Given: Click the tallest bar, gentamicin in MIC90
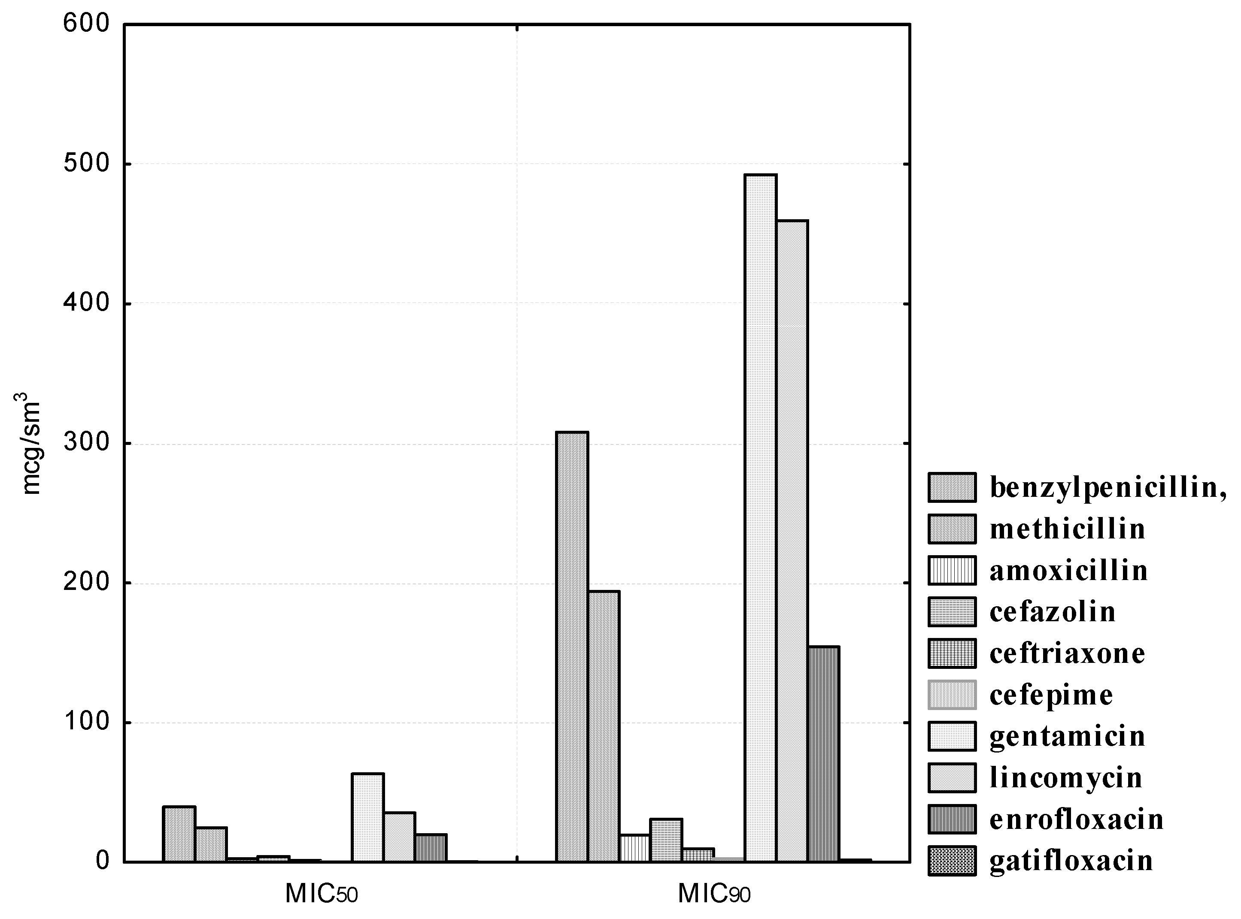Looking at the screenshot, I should pyautogui.click(x=761, y=517).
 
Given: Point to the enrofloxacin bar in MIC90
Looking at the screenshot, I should pyautogui.click(x=824, y=754).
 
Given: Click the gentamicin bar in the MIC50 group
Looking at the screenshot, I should pyautogui.click(x=367, y=817).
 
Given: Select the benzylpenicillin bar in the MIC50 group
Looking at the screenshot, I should pyautogui.click(x=179, y=834).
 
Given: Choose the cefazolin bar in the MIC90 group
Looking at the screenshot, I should pyautogui.click(x=666, y=840).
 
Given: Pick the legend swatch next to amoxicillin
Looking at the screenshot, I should pyautogui.click(x=952, y=571).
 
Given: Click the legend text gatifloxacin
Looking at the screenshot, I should pyautogui.click(x=1071, y=860).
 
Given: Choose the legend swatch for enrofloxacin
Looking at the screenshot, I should pyautogui.click(x=952, y=819).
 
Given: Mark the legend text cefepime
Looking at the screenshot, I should pyautogui.click(x=1051, y=695).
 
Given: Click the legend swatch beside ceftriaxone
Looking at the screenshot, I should pyautogui.click(x=952, y=653).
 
